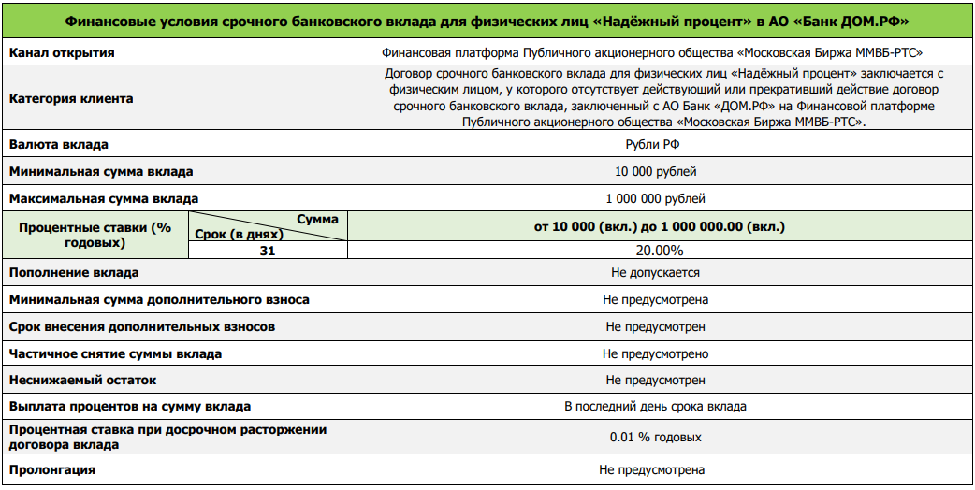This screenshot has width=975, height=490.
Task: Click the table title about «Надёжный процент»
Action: pyautogui.click(x=487, y=20)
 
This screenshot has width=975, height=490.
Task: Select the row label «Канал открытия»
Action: pyautogui.click(x=62, y=53)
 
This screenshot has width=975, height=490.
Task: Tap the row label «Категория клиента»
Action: pyautogui.click(x=71, y=98)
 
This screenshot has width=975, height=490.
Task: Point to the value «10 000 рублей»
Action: pyautogui.click(x=655, y=172)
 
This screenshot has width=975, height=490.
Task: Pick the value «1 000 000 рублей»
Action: pyautogui.click(x=655, y=198)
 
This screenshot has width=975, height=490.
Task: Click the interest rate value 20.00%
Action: pyautogui.click(x=660, y=251)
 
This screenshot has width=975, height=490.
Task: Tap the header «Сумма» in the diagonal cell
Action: pyautogui.click(x=317, y=219)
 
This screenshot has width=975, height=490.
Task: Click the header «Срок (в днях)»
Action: pyautogui.click(x=236, y=234)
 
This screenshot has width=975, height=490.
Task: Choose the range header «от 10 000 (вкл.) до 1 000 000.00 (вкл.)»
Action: pyautogui.click(x=660, y=226)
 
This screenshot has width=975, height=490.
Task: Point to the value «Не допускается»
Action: pyautogui.click(x=655, y=273)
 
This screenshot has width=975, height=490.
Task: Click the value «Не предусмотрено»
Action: pyautogui.click(x=655, y=354)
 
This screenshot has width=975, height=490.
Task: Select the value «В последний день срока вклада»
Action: pyautogui.click(x=655, y=407)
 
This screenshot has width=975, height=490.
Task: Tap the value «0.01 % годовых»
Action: pyautogui.click(x=655, y=438)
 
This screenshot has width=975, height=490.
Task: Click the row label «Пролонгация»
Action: pyautogui.click(x=52, y=469)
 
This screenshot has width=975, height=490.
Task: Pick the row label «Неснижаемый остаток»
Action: pyautogui.click(x=82, y=381)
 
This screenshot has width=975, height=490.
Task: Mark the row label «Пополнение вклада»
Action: pyautogui.click(x=74, y=273)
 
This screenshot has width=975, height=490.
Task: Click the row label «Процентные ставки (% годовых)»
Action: pyautogui.click(x=95, y=235)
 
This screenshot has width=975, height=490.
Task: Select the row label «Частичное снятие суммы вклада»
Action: pyautogui.click(x=115, y=354)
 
